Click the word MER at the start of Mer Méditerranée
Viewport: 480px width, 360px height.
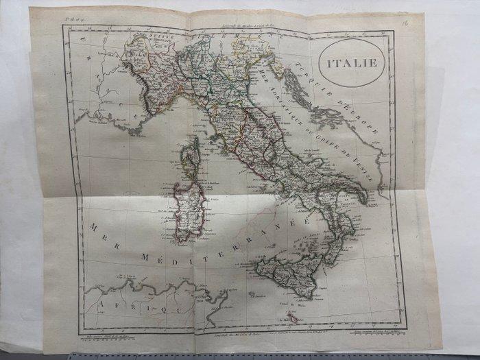click(99, 230)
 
